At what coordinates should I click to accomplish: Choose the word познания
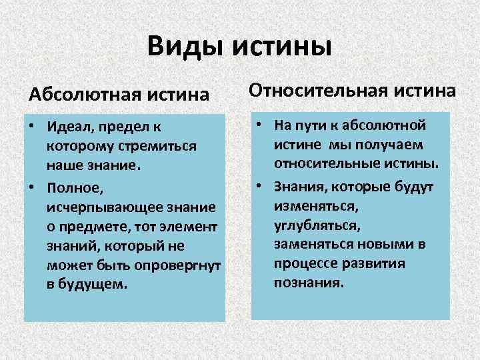click(308, 282)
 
